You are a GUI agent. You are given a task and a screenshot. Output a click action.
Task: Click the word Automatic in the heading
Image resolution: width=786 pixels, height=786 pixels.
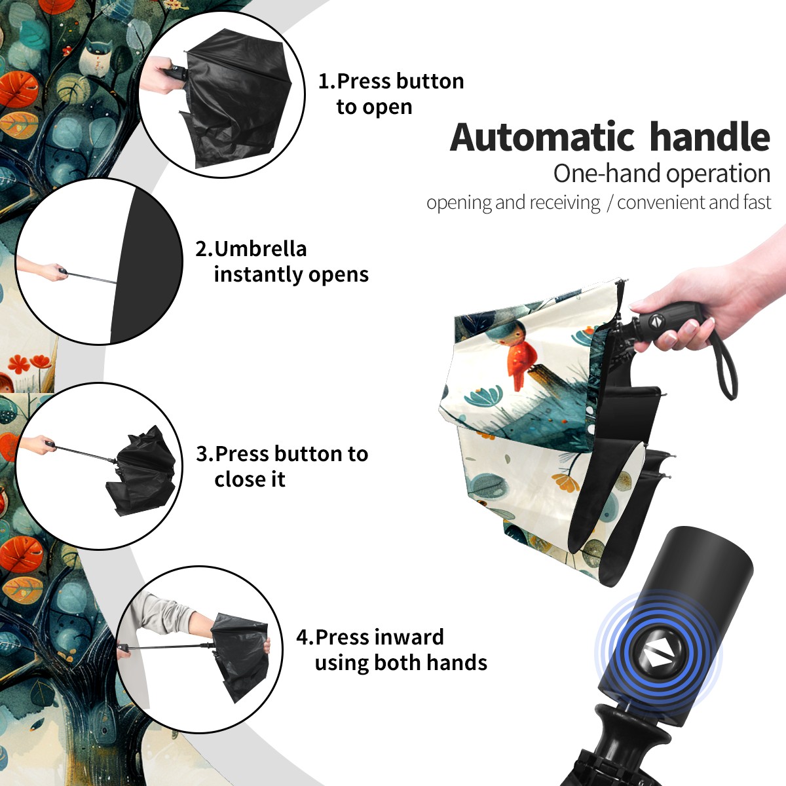[x=542, y=137]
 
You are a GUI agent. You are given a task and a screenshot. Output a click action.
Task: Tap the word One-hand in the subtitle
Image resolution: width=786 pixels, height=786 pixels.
[x=607, y=174]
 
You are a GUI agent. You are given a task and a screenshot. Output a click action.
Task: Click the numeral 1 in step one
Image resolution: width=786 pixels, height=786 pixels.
[x=323, y=81]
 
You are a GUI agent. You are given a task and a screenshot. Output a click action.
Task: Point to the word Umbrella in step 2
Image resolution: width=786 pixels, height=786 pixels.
[x=260, y=249]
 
